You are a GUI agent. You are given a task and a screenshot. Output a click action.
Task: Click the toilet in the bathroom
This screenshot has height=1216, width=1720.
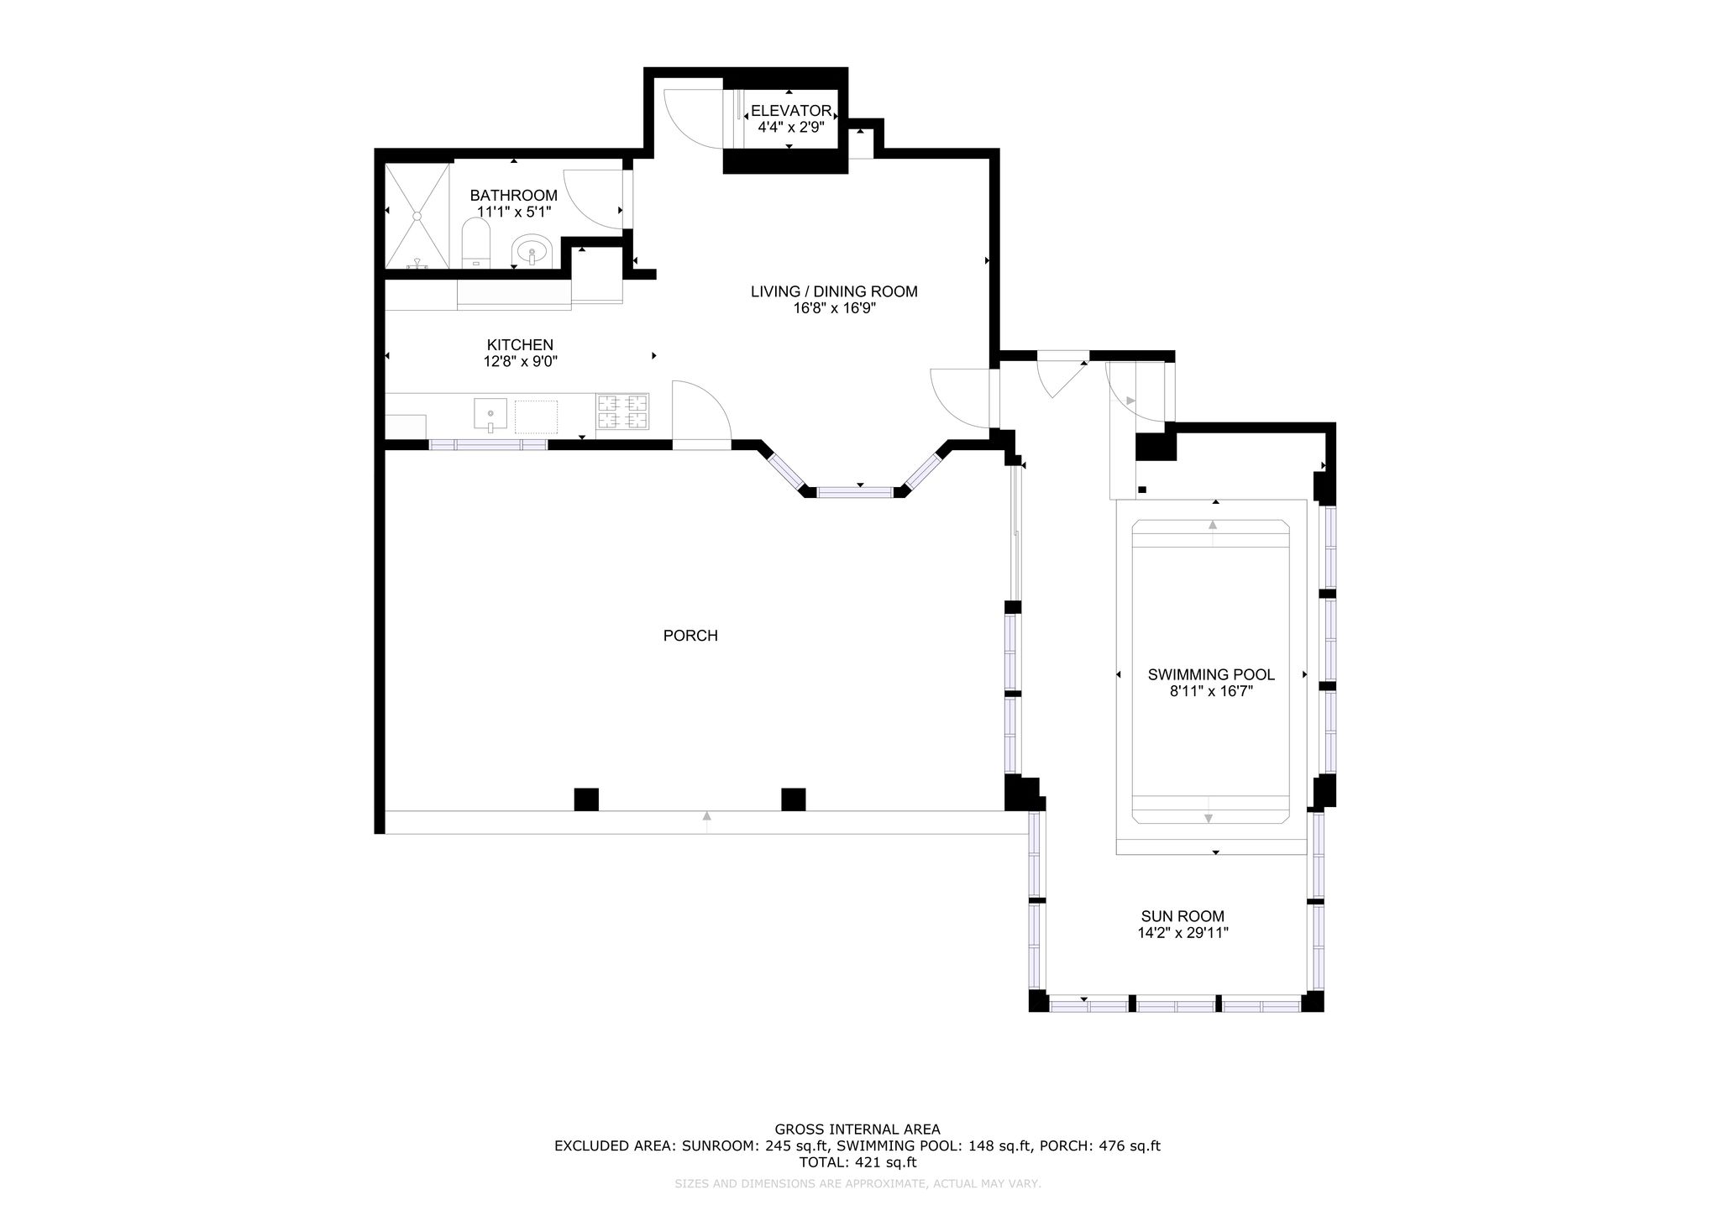475,244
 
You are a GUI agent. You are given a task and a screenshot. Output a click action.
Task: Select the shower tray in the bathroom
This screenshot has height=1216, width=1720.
417,217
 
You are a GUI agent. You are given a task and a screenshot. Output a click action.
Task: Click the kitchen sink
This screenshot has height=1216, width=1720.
490,415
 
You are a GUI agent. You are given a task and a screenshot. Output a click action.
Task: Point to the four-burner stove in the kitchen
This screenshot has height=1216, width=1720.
623,412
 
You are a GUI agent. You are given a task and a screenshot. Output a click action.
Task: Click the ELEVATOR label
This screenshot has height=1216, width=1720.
791,111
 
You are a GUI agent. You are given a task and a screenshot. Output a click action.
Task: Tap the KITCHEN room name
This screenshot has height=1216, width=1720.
520,345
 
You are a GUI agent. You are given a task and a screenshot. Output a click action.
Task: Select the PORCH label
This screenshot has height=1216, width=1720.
690,636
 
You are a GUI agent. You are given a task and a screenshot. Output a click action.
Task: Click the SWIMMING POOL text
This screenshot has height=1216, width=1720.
1211,674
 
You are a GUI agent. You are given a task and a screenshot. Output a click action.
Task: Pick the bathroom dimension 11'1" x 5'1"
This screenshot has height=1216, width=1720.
514,212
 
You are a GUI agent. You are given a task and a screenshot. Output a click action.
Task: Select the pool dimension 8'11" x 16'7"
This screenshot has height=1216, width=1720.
1211,691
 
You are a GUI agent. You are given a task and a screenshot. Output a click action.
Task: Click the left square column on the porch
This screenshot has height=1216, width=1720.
586,799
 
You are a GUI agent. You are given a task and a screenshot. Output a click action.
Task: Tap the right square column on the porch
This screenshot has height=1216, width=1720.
794,799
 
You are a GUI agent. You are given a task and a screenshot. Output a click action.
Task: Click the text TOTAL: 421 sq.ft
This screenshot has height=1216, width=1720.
857,1162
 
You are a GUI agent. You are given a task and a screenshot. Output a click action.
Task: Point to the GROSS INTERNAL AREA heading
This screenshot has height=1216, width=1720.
857,1130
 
